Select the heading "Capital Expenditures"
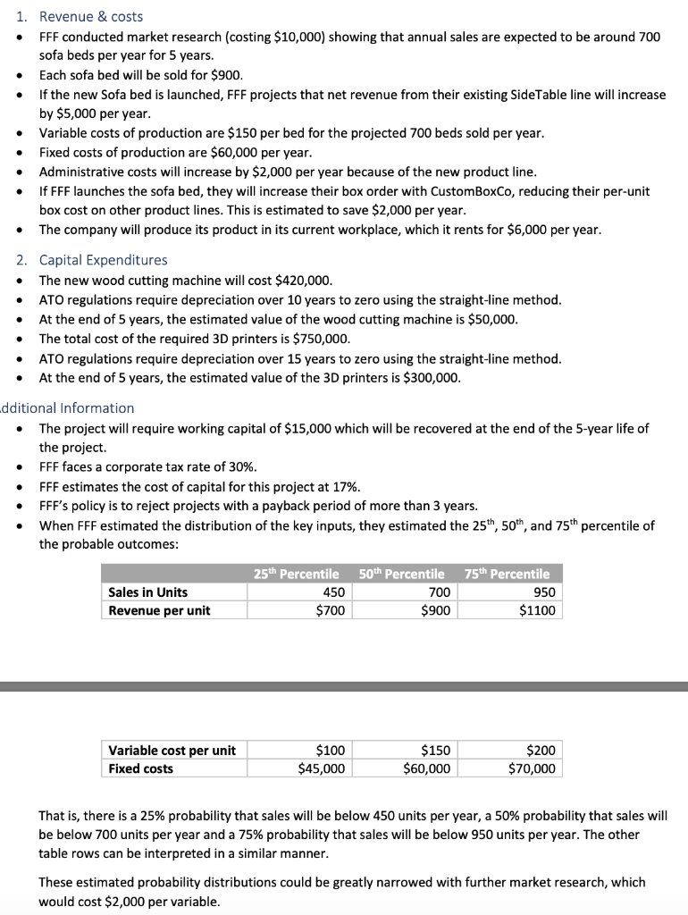103,260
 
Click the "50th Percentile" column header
401,574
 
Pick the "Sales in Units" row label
147,592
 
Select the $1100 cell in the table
536,611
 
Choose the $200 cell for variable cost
540,751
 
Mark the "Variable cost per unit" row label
172,751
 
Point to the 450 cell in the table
333,592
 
